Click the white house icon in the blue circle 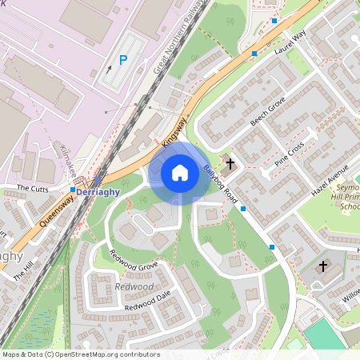[x=180, y=173]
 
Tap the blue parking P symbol [x=122, y=60]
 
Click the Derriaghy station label [x=100, y=191]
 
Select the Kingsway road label [x=174, y=131]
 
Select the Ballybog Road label [x=221, y=184]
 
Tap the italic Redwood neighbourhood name [x=134, y=286]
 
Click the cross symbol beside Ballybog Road [x=230, y=164]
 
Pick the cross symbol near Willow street [x=323, y=266]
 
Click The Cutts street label [x=34, y=189]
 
